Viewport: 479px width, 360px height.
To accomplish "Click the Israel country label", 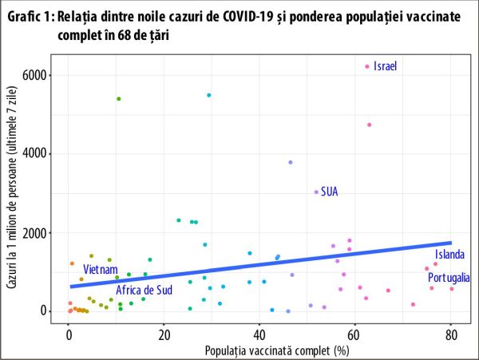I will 385,66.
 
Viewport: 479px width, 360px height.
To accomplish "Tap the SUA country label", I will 330,192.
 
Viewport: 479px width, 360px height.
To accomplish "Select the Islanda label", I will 449,255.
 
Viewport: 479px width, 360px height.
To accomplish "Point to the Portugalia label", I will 449,278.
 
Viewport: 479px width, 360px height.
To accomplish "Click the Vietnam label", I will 101,268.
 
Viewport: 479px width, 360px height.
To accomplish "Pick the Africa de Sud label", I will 144,290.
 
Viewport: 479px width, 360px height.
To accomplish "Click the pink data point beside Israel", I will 367,66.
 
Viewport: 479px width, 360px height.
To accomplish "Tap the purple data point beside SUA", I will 316,192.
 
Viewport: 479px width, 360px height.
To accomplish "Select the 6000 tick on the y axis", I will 38,75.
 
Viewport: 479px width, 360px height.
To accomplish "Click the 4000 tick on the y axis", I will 38,153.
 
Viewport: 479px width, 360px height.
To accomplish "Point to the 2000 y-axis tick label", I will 38,232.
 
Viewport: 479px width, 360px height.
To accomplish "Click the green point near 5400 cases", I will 119,99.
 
